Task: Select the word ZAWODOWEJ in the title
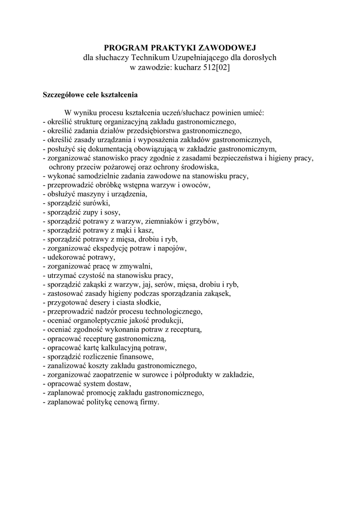(x=228, y=48)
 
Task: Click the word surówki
(x=94, y=203)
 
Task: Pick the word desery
(x=99, y=302)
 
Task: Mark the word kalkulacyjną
(x=127, y=347)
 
